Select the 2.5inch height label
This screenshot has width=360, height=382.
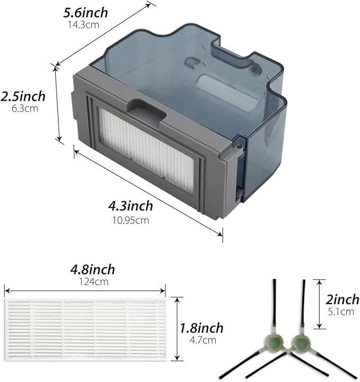click(23, 97)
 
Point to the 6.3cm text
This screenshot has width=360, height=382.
click(23, 108)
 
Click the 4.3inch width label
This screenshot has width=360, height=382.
click(131, 206)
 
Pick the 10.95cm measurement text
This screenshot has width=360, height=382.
click(130, 220)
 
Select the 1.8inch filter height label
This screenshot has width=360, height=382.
click(200, 328)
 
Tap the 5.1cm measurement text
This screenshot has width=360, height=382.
click(340, 312)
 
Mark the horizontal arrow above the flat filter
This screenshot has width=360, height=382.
click(85, 290)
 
